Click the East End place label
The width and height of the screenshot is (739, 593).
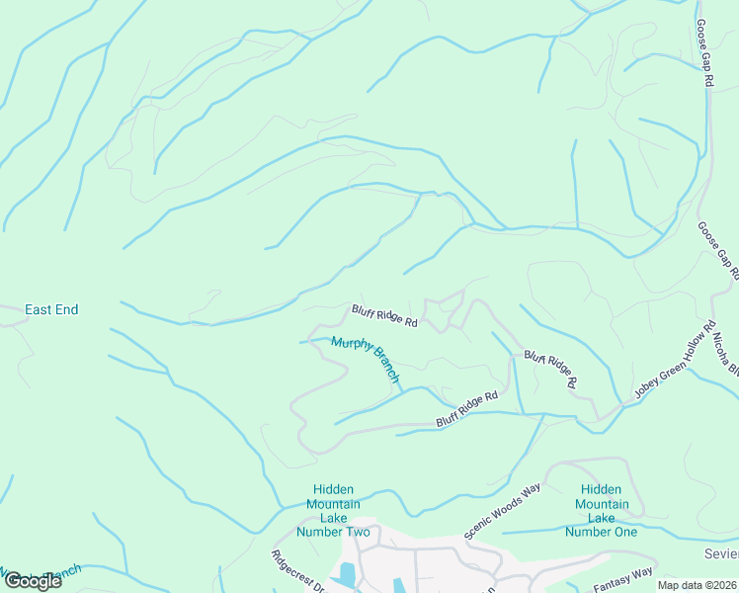51,309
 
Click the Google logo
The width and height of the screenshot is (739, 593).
33,580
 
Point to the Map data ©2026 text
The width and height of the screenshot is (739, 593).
697,585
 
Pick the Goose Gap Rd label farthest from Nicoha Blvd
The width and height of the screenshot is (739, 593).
704,54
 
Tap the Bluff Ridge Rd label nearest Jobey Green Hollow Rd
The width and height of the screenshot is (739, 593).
550,368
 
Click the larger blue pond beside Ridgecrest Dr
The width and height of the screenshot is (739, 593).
347,574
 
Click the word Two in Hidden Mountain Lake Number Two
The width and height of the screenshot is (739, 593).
356,533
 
